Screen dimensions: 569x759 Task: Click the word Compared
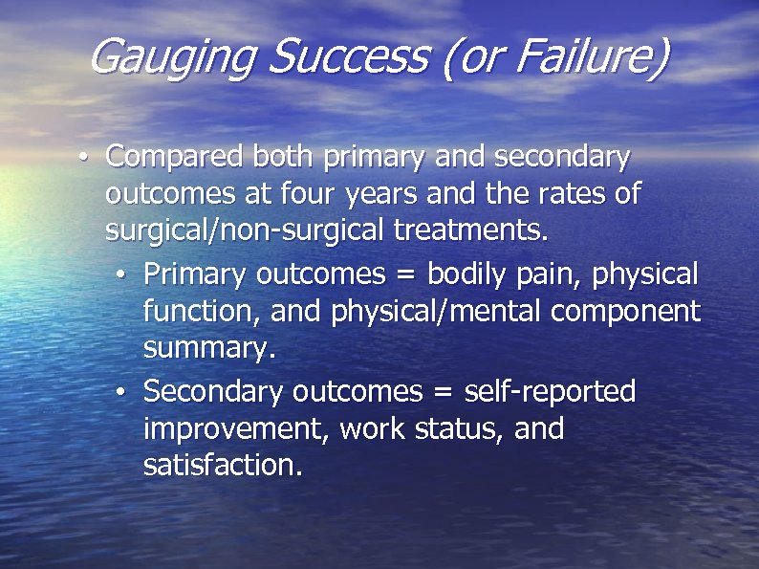coord(173,157)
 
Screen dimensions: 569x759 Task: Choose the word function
coord(199,312)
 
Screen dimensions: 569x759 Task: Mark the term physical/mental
coord(429,312)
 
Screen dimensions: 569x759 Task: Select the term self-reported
coord(550,391)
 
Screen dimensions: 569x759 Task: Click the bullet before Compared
coord(86,157)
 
